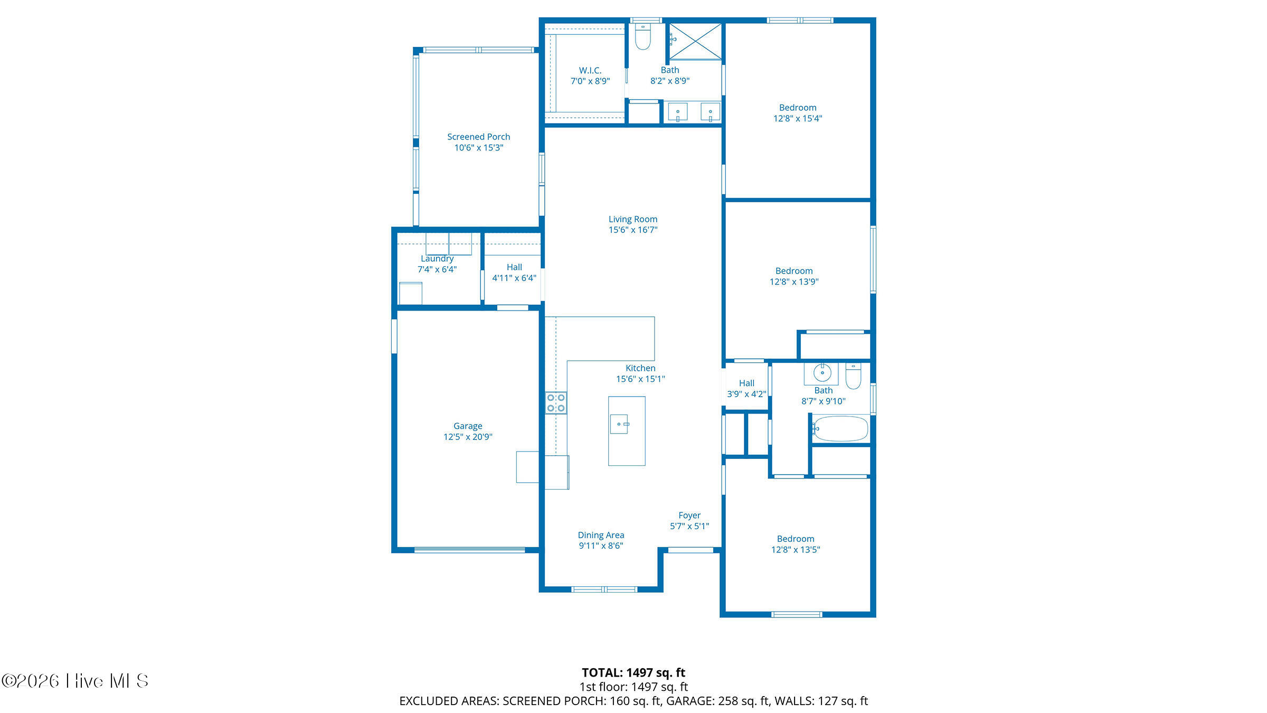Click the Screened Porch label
coord(478,137)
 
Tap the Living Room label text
coord(633,219)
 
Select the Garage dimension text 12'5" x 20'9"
coord(468,437)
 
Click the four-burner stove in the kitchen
coord(556,403)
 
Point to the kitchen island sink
coord(619,424)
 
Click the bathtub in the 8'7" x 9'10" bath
coord(840,428)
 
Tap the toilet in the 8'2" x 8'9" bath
coord(642,36)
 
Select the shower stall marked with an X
coord(696,41)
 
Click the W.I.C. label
coord(590,70)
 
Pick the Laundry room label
coord(437,259)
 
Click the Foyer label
coord(689,515)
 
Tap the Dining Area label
coord(601,535)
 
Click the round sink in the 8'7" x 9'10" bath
coord(822,373)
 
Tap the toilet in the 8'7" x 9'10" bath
coord(853,376)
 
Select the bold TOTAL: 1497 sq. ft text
coord(633,672)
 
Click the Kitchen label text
coord(640,368)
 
